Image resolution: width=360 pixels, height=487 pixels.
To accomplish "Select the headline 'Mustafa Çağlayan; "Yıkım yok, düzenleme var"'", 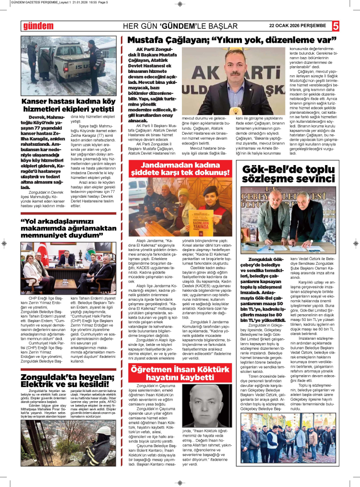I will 231,39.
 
